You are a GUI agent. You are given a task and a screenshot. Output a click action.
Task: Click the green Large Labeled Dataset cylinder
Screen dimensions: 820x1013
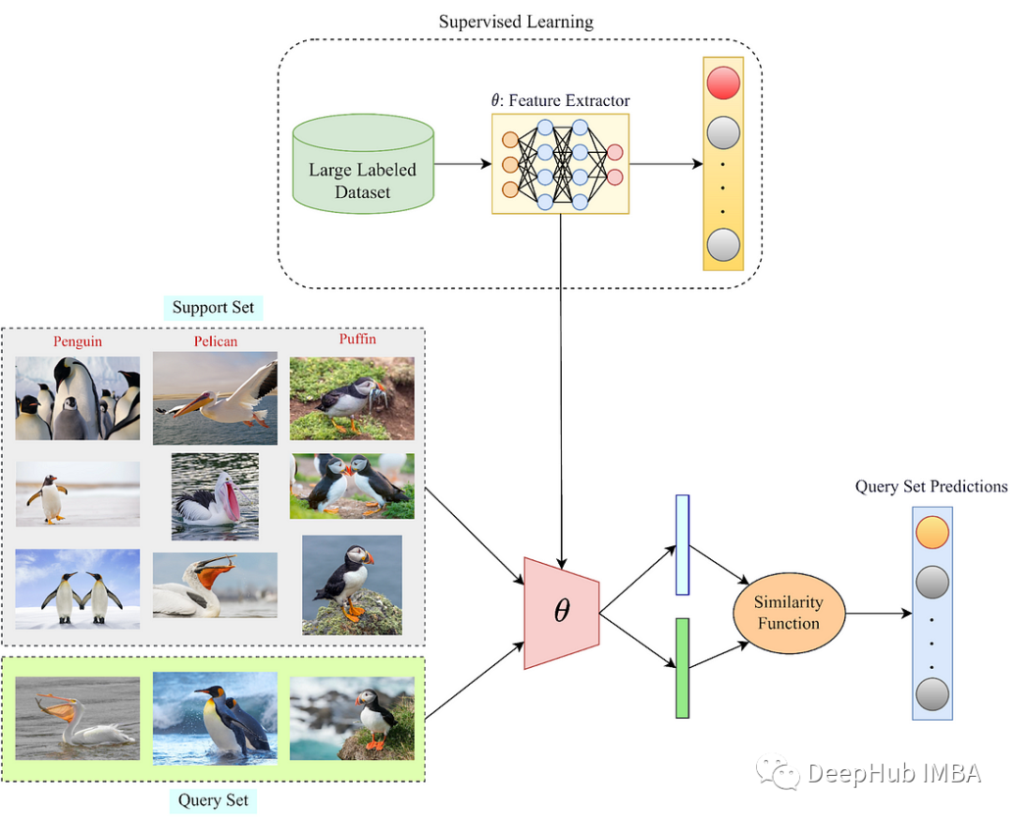click(x=363, y=163)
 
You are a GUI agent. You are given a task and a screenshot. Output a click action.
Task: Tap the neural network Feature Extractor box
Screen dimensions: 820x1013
click(x=560, y=163)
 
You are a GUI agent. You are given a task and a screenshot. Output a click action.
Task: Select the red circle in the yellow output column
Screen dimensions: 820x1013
click(x=723, y=84)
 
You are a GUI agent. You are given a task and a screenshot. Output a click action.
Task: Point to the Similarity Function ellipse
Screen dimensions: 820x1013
click(x=789, y=613)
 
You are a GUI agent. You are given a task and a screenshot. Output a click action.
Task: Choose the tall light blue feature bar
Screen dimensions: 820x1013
click(x=682, y=544)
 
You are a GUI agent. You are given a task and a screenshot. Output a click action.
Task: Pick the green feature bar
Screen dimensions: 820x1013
click(x=682, y=667)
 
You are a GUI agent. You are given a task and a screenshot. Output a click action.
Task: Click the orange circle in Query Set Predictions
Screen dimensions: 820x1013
click(x=931, y=533)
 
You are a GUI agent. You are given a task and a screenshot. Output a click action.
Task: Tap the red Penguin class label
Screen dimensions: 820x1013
click(x=78, y=342)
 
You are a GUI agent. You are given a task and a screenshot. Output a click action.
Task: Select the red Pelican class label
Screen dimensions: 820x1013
click(x=216, y=342)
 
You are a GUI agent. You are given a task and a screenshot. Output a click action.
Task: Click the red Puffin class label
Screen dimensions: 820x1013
click(x=357, y=339)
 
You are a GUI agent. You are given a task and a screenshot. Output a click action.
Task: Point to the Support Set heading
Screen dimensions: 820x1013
click(x=213, y=307)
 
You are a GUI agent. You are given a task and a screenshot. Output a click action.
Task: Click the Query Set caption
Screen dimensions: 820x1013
click(x=213, y=800)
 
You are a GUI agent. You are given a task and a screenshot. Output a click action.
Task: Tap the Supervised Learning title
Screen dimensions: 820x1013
click(x=516, y=21)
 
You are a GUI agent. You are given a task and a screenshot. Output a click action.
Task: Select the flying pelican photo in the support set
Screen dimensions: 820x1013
click(x=216, y=397)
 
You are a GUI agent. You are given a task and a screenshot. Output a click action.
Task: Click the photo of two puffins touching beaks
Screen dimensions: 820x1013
click(x=352, y=486)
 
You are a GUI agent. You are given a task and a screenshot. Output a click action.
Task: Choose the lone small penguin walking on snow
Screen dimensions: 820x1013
click(x=78, y=494)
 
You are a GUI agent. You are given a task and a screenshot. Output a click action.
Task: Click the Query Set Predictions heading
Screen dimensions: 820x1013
click(x=930, y=487)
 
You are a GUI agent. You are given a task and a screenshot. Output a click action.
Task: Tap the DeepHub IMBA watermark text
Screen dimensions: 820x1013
click(x=893, y=773)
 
